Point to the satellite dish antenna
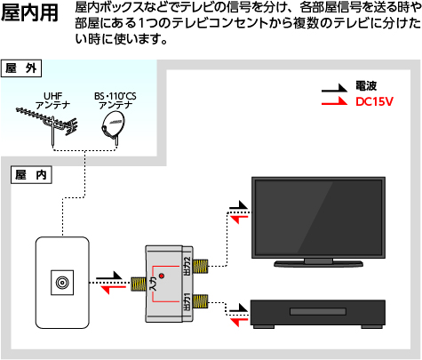[x=113, y=129]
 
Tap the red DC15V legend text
[x=373, y=102]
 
